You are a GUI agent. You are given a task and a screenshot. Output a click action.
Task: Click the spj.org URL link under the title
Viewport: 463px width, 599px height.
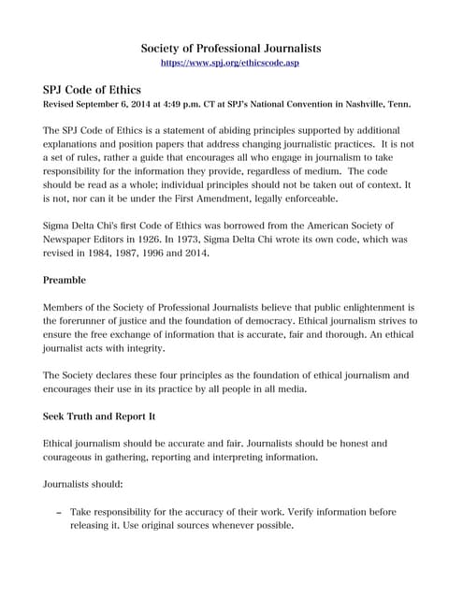(231, 62)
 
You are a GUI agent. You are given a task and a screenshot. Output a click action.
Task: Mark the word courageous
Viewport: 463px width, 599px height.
(76, 458)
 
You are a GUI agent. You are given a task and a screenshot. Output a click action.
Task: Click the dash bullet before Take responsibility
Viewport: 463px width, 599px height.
(59, 513)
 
